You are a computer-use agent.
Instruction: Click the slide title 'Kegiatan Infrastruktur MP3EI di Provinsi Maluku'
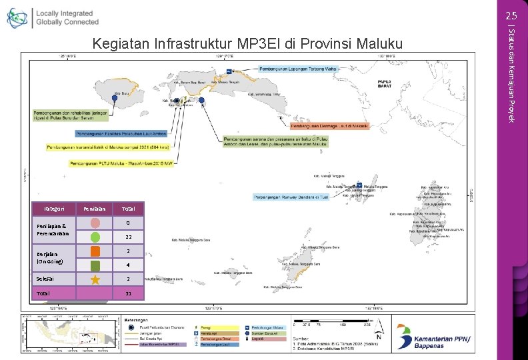248,45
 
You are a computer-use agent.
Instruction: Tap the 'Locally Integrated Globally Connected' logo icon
17,18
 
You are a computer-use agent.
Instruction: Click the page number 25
511,15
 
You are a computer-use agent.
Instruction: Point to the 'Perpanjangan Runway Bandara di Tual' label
291,197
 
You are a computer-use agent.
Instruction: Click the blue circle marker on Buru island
115,97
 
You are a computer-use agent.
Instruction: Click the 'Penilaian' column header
89,209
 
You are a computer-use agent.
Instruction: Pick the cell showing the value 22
128,237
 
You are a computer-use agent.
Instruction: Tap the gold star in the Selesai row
95,279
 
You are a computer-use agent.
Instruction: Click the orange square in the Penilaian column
95,251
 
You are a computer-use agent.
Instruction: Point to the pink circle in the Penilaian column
95,223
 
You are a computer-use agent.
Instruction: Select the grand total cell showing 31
128,293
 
